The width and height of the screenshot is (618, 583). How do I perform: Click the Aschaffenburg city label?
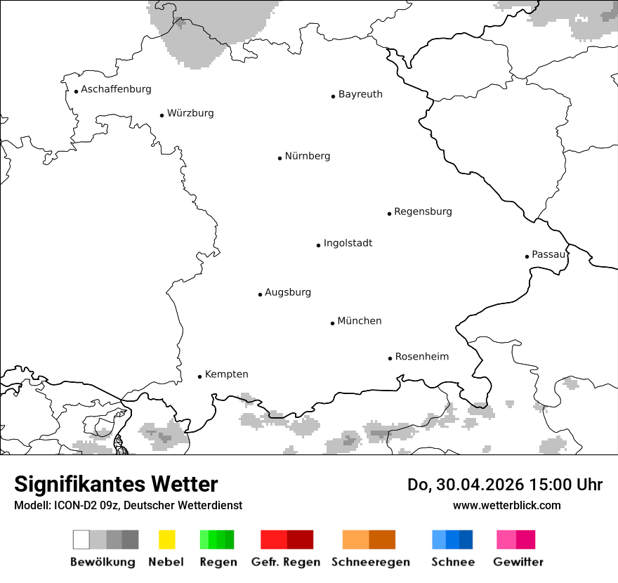point(116,89)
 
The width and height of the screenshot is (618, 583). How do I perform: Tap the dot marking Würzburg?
point(162,115)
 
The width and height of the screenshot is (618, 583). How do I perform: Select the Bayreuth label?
point(360,94)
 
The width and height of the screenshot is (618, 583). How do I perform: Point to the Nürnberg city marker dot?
point(280,158)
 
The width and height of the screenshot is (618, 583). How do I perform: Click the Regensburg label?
point(423,211)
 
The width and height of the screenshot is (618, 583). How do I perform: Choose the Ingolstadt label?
point(348,243)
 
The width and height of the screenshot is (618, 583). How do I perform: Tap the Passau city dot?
point(527,256)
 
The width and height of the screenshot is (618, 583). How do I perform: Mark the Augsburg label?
point(288,292)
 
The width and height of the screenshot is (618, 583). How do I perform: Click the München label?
point(360,321)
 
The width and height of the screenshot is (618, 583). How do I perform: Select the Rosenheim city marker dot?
point(390,358)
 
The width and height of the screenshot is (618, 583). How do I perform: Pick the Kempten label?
point(226,374)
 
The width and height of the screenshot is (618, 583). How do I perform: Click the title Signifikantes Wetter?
point(116,485)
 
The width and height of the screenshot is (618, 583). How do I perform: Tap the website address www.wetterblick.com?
point(506,506)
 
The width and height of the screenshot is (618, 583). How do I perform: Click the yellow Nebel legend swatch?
point(167,539)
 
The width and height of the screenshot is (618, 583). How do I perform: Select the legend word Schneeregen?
point(370,562)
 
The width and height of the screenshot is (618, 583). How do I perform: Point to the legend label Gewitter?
point(518,562)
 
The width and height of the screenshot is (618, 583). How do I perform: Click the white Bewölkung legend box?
point(81,539)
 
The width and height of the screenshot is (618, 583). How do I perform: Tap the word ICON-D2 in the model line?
point(72,506)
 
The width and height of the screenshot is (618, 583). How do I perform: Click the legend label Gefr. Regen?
point(286,562)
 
